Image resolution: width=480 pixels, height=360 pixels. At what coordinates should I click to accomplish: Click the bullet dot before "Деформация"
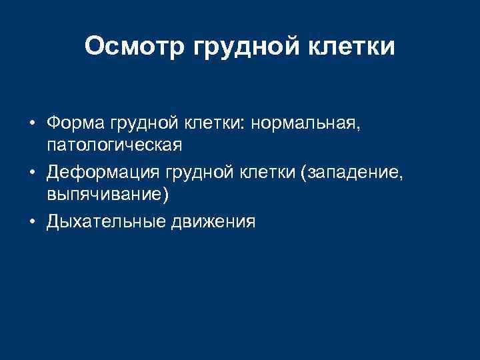31,173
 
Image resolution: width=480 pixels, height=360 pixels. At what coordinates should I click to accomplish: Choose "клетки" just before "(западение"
270,173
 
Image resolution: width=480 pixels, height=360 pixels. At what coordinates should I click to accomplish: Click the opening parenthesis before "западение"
304,174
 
